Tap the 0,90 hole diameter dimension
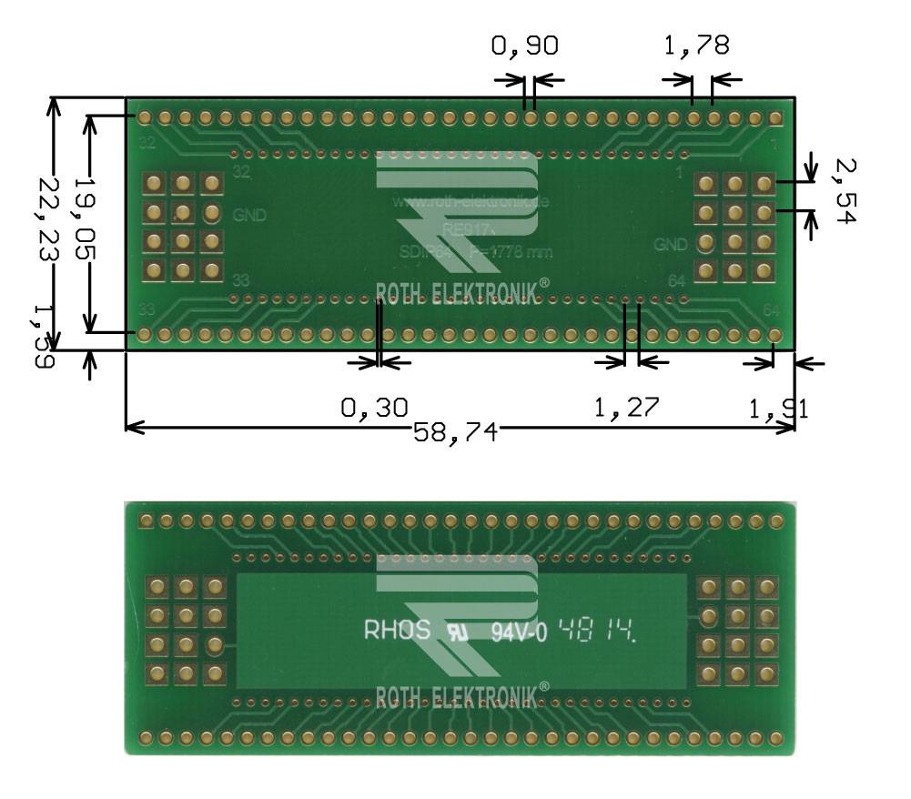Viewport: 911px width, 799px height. [523, 46]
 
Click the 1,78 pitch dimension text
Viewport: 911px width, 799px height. [695, 46]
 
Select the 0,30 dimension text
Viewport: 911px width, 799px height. [374, 407]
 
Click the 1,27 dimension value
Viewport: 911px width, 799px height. [627, 407]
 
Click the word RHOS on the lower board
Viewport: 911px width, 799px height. [398, 630]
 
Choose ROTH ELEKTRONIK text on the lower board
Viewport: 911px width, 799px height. [462, 696]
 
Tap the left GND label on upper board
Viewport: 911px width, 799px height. [249, 216]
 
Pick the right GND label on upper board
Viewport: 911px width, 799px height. [671, 245]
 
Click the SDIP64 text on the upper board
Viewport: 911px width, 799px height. [420, 251]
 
